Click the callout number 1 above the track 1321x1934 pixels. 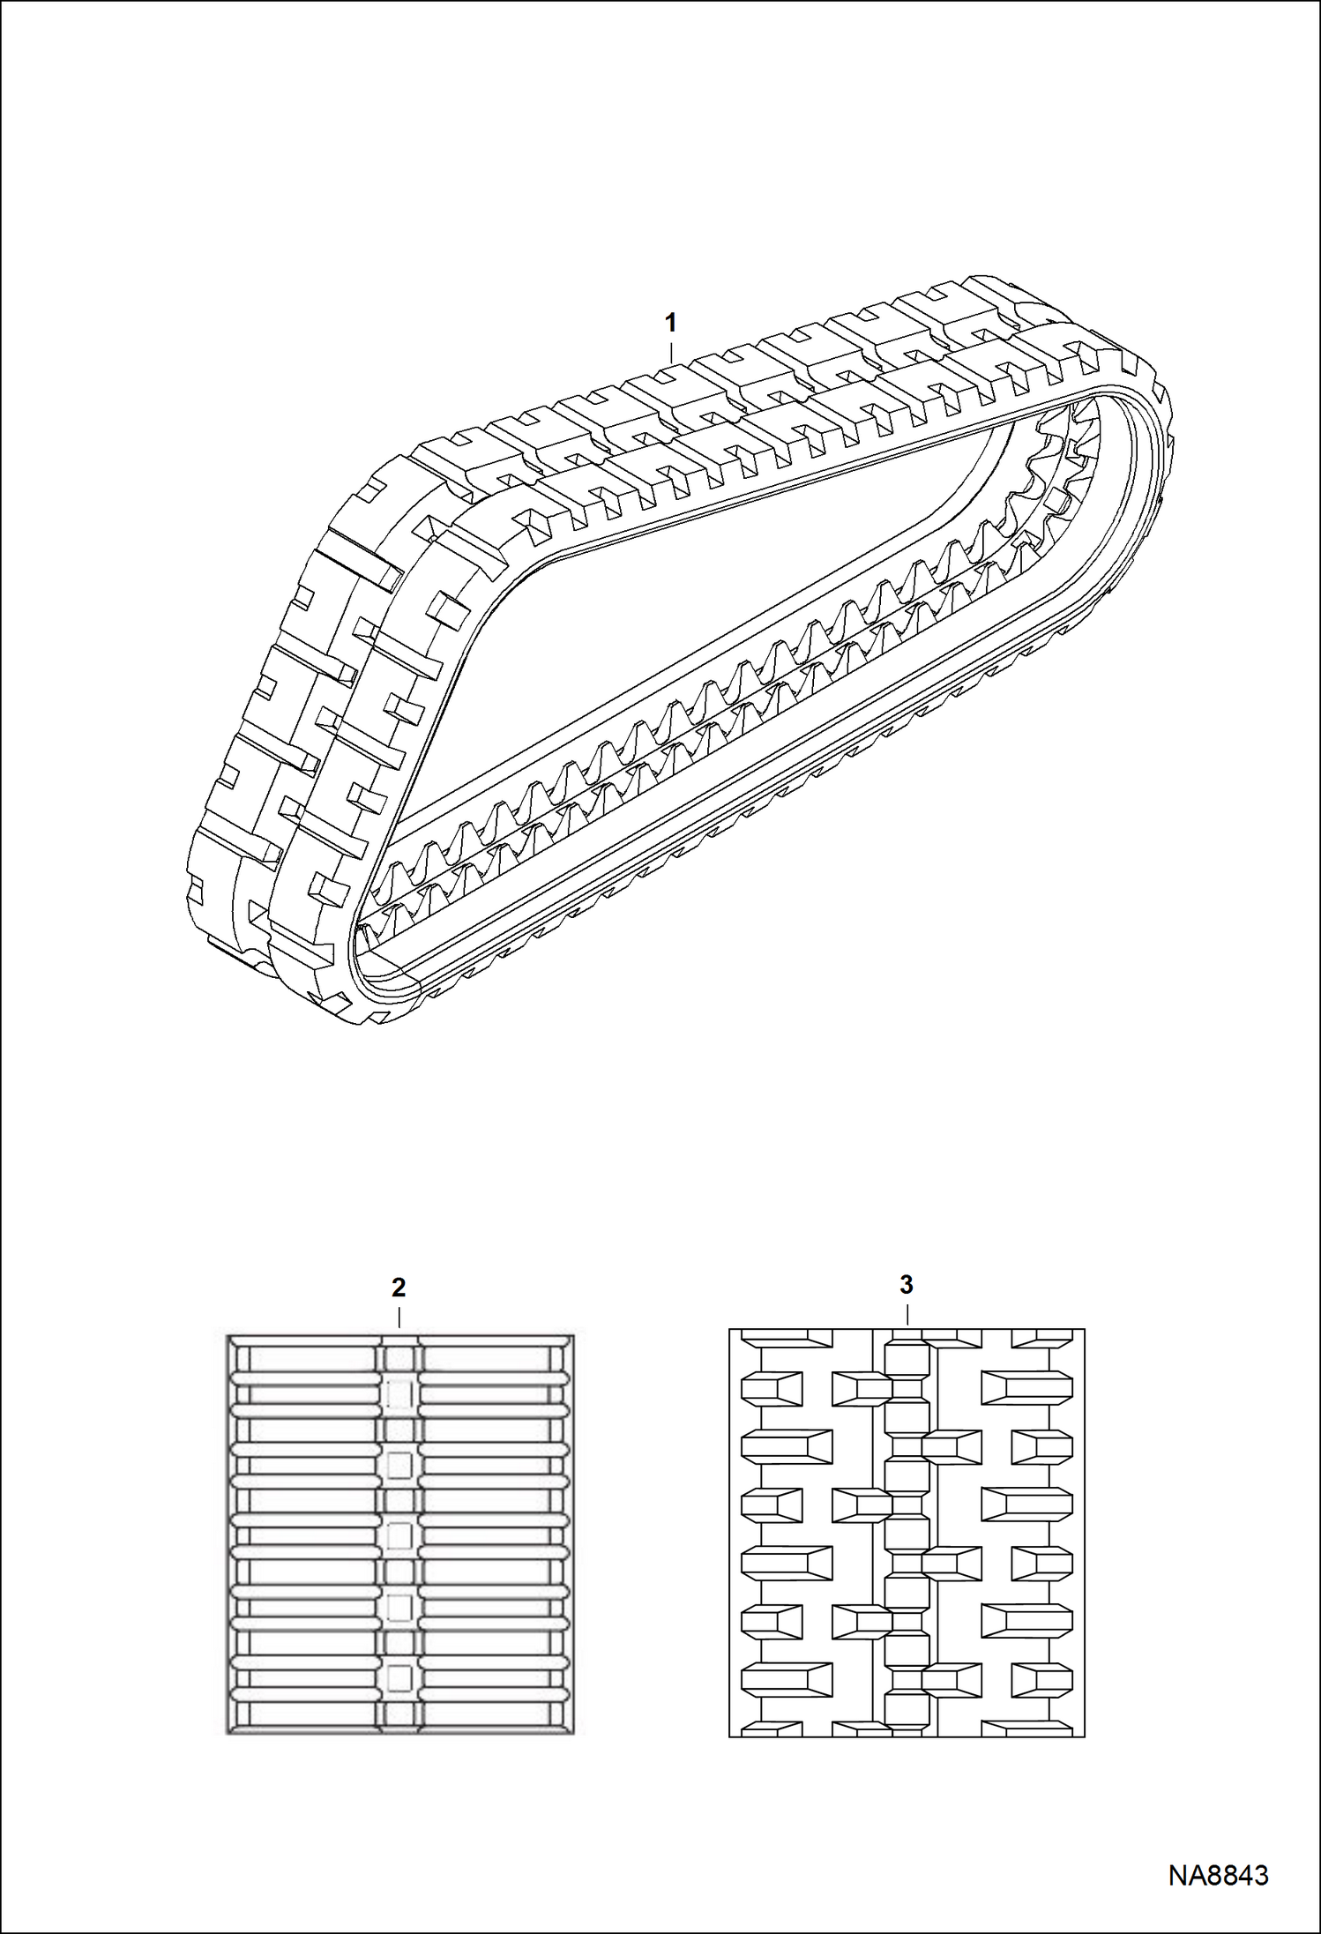coord(670,323)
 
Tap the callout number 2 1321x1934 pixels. coord(399,1288)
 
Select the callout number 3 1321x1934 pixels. coord(907,1285)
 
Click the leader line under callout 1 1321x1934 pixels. coord(670,349)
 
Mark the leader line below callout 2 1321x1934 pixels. coord(399,1318)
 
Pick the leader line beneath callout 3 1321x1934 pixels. coord(907,1314)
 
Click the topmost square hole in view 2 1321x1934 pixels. coord(399,1394)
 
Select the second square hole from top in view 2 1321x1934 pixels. coord(399,1465)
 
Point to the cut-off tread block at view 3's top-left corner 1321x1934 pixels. coord(787,1338)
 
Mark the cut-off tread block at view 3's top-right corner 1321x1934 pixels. coord(1043,1338)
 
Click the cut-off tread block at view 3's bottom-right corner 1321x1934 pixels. coord(1028,1729)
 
